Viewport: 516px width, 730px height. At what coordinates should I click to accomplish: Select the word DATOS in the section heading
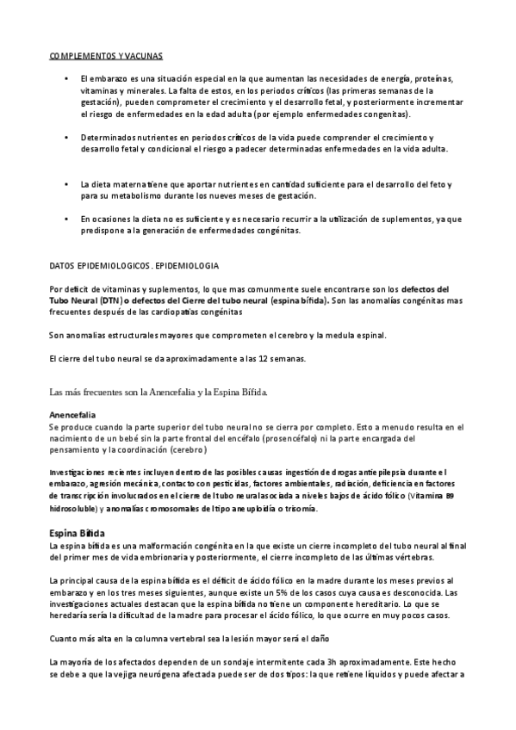pos(63,267)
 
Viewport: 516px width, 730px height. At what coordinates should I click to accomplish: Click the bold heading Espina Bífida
pos(78,533)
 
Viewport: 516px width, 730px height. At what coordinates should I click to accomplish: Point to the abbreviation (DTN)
pos(111,302)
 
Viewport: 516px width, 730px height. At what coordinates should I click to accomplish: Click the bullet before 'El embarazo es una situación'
pos(66,79)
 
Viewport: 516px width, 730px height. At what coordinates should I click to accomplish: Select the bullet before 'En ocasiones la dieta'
pos(66,220)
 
